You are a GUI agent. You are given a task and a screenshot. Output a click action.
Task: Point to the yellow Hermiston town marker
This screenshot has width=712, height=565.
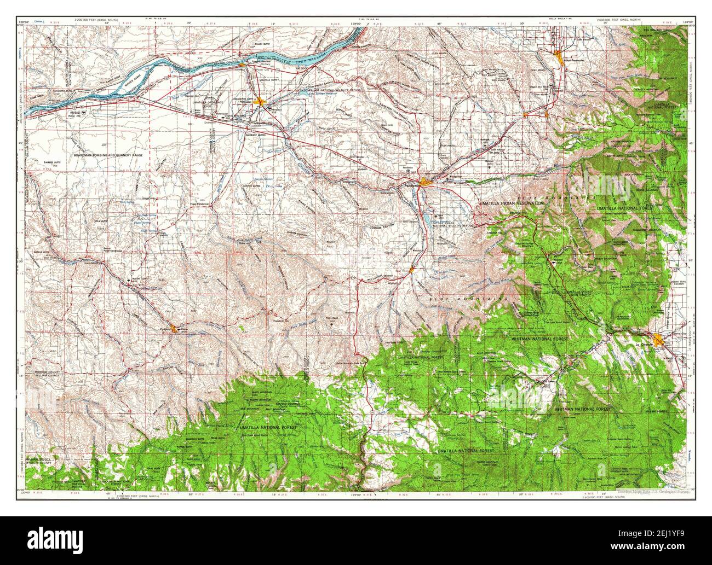[263, 102]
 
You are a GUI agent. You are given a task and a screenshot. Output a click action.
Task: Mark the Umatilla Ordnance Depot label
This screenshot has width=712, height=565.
[206, 102]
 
